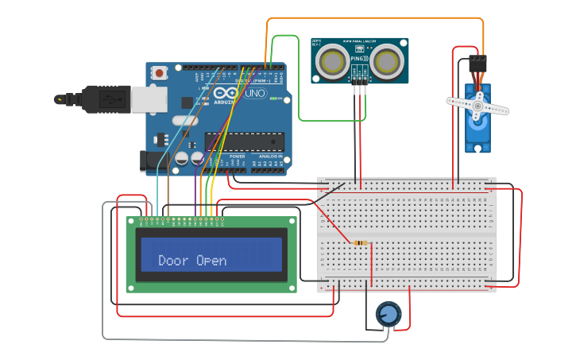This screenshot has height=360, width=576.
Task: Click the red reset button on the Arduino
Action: (x=160, y=73)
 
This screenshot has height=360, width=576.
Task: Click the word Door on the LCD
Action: (x=173, y=261)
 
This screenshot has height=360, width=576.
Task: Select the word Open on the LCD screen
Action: (x=211, y=261)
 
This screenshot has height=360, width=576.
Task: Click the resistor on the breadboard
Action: (x=361, y=242)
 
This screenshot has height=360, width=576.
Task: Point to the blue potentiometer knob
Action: (x=389, y=315)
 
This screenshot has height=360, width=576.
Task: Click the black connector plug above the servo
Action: (x=477, y=61)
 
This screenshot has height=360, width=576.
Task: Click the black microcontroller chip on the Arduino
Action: (x=245, y=141)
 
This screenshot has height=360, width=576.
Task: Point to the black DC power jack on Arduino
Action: (x=149, y=161)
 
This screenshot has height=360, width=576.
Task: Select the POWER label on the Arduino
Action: (x=238, y=157)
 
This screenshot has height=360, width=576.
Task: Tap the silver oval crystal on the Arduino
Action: (x=184, y=122)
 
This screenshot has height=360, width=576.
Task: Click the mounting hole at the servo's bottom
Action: (x=477, y=148)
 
